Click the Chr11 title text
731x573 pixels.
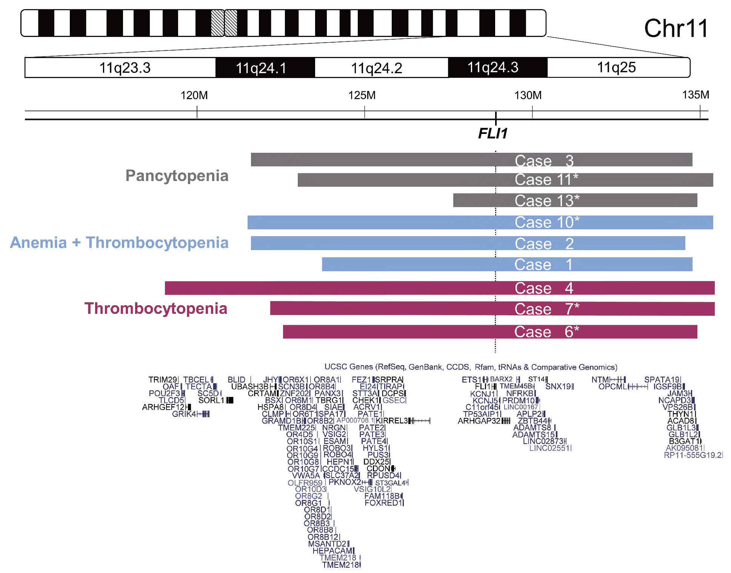pos(676,28)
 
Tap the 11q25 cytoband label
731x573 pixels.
pos(616,68)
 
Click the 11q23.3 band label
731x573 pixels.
pos(125,68)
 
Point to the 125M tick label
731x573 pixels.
pos(362,95)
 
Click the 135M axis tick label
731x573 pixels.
pos(695,95)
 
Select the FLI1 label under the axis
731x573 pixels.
pos(492,133)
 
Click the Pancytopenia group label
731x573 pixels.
pos(177,176)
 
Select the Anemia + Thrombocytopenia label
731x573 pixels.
pos(119,243)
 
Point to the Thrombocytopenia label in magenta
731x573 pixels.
pos(156,309)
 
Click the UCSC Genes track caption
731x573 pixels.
pos(471,367)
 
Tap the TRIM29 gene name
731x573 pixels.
pos(162,379)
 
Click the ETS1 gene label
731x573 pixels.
pos(471,379)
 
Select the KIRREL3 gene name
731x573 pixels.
pos(392,421)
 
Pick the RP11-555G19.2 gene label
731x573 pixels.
pos(693,455)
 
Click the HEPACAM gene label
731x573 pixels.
pos(332,551)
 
